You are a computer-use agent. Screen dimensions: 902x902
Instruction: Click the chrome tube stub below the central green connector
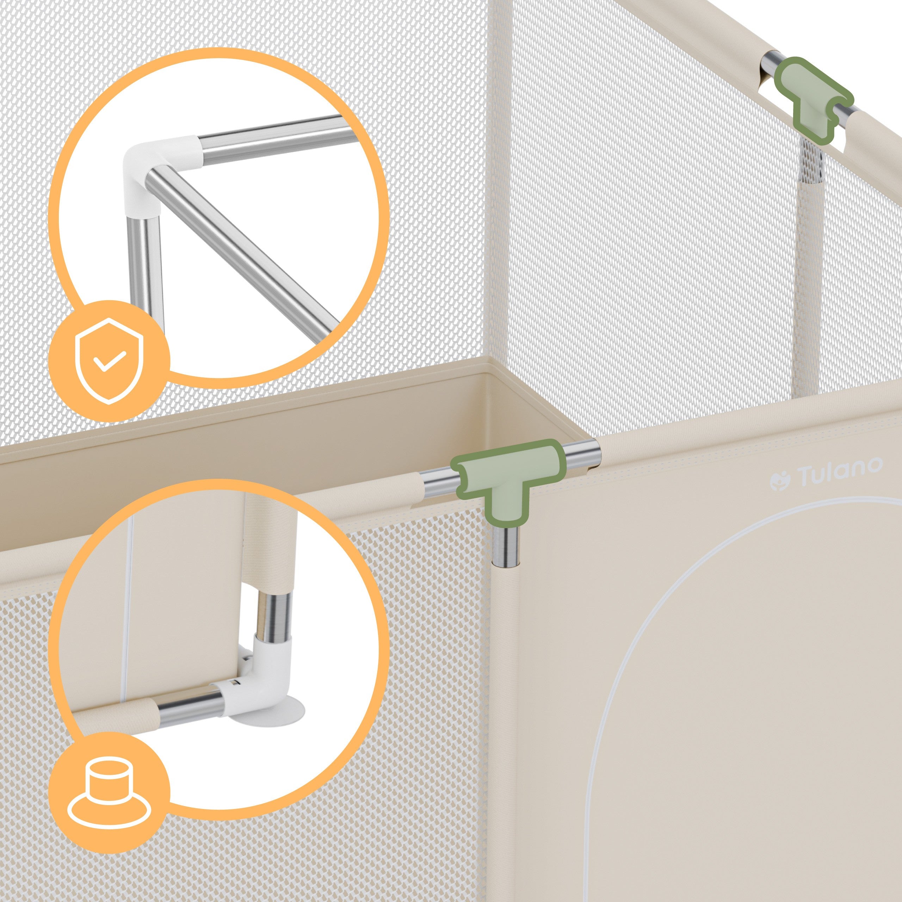click(507, 547)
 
